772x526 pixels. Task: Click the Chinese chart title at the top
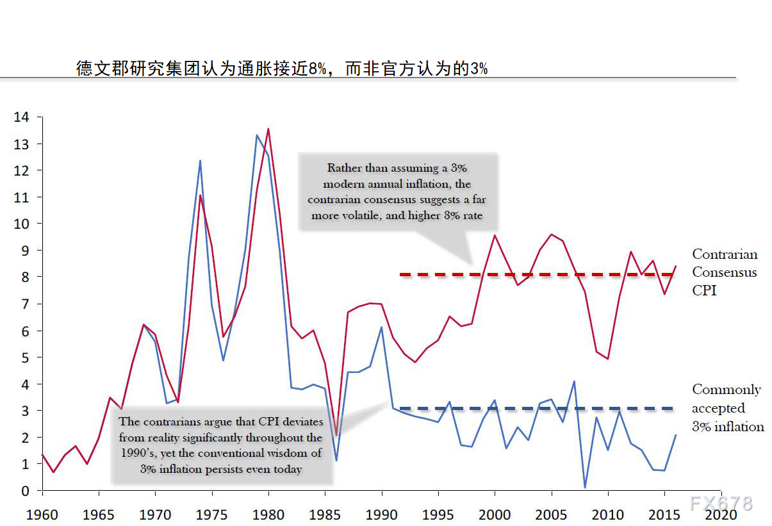click(x=282, y=69)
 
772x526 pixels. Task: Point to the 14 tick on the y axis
click(x=21, y=117)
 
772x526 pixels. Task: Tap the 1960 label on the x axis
click(x=42, y=514)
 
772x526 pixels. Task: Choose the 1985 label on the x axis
click(x=325, y=514)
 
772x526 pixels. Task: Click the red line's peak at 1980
click(x=268, y=129)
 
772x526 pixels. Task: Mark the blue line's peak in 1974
click(x=200, y=161)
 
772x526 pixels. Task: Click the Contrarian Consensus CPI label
click(x=724, y=272)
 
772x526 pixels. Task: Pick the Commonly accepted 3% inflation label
click(x=727, y=408)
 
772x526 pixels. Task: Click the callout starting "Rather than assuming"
click(x=397, y=192)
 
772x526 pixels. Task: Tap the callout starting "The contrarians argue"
click(x=221, y=445)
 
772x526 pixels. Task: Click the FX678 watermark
click(x=721, y=503)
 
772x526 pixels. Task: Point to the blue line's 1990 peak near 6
click(x=381, y=327)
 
